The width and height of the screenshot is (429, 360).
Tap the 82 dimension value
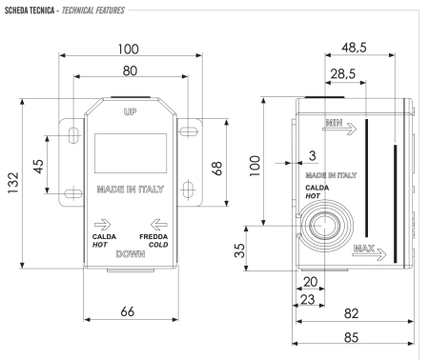(x=350, y=312)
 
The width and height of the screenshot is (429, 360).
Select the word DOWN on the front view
(x=131, y=256)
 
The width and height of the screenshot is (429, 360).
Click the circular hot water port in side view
(x=320, y=227)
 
